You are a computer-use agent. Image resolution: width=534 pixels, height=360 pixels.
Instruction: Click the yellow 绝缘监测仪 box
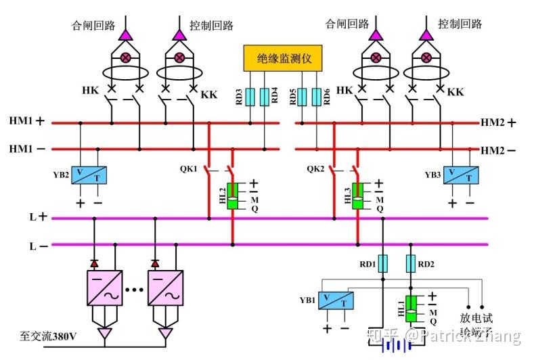click(284, 59)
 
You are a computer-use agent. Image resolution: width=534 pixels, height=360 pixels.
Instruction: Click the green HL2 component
click(231, 196)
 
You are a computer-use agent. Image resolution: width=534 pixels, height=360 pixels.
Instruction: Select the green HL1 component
click(410, 309)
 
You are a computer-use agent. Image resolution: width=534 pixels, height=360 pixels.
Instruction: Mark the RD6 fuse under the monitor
click(316, 97)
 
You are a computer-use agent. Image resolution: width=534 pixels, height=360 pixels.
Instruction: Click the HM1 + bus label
click(26, 122)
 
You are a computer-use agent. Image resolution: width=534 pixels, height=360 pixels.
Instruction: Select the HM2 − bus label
click(498, 150)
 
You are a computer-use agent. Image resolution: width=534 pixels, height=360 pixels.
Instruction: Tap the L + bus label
click(37, 217)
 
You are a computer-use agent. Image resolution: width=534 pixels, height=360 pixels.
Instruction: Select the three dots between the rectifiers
click(134, 290)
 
